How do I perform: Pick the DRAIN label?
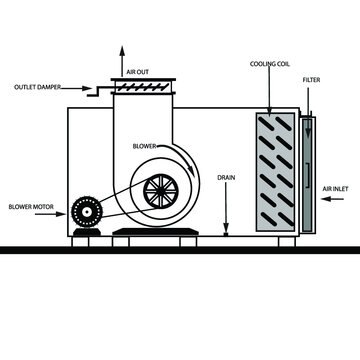[226, 177]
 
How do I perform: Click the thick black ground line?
[180, 249]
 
